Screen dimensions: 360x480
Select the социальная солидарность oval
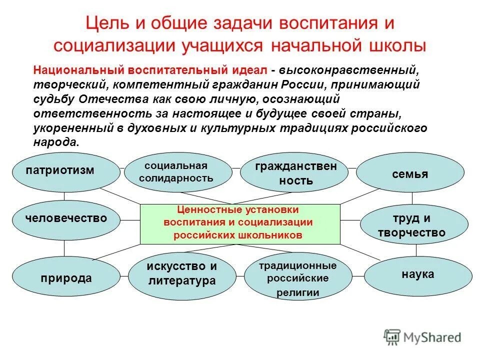pyautogui.click(x=178, y=172)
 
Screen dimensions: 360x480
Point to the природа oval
pyautogui.click(x=64, y=277)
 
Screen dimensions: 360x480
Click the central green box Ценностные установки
pyautogui.click(x=239, y=223)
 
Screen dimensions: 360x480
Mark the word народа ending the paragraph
pyautogui.click(x=55, y=142)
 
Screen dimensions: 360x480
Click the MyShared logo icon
pyautogui.click(x=392, y=336)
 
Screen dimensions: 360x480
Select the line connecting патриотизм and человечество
pyautogui.click(x=64, y=196)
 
